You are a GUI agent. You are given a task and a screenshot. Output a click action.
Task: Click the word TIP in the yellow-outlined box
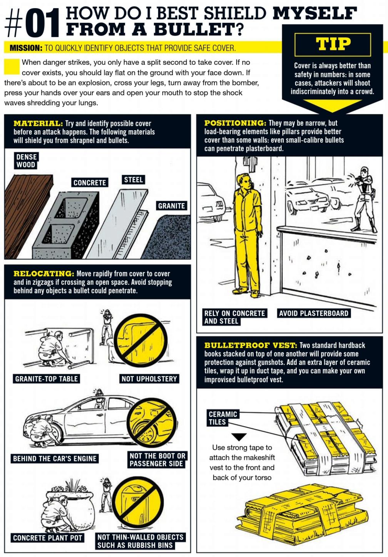click(x=333, y=44)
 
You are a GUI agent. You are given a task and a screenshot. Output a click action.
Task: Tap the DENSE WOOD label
click(x=26, y=161)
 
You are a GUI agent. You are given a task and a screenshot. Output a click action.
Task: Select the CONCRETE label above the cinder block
click(x=90, y=183)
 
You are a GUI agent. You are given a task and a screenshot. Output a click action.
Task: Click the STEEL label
click(x=133, y=180)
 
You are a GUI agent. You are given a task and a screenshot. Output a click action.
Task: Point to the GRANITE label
click(x=172, y=206)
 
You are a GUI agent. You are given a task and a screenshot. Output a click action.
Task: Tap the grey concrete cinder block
click(x=66, y=225)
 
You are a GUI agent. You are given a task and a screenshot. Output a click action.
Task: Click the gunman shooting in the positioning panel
click(x=364, y=199)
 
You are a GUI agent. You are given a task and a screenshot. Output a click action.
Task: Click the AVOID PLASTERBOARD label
click(x=314, y=313)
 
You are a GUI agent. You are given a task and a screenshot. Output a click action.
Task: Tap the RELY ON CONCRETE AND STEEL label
click(x=235, y=317)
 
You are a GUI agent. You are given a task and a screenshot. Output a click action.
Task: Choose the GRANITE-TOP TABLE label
click(x=47, y=379)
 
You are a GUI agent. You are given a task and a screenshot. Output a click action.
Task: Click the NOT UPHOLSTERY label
click(x=149, y=379)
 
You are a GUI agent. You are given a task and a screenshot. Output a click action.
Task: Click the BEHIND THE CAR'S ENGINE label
click(x=55, y=458)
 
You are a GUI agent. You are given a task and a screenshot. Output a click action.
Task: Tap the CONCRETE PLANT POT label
click(x=47, y=538)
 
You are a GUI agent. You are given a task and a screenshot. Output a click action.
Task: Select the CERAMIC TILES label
click(x=223, y=418)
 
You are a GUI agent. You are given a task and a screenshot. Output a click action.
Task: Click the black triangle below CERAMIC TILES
click(x=239, y=436)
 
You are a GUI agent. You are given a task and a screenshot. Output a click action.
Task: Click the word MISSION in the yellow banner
click(x=26, y=48)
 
